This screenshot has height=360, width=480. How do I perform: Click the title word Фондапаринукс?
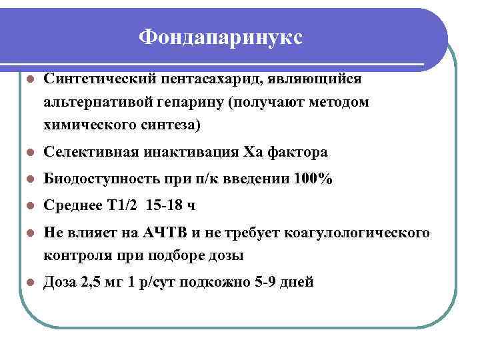[221, 37]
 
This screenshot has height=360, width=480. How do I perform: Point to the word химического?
[87, 125]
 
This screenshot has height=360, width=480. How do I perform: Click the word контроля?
[73, 255]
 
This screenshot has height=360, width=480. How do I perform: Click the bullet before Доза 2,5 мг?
[29, 283]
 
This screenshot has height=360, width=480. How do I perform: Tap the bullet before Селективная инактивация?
[29, 153]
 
